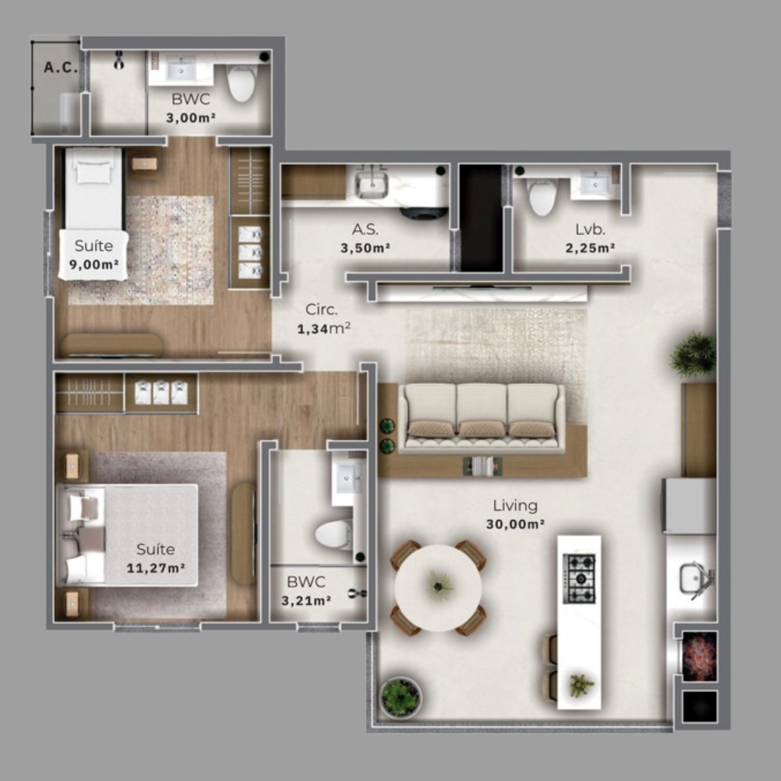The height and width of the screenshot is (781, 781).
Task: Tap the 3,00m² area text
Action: coord(191,117)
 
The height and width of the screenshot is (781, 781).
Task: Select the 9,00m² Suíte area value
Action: coord(94,265)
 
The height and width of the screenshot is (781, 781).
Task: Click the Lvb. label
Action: coord(590,230)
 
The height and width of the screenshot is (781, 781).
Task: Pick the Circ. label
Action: coord(321,310)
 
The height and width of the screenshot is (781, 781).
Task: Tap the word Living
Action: coord(515,505)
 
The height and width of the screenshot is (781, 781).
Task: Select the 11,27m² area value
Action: coord(155,568)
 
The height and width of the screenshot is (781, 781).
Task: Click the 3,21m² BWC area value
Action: coord(306,599)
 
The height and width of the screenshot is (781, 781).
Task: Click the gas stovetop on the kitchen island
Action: coord(579,579)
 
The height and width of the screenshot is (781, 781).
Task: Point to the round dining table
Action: coord(438,586)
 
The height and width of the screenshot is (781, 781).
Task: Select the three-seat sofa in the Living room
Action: coord(482,417)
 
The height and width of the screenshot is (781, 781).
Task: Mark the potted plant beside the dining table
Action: coord(400,696)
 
